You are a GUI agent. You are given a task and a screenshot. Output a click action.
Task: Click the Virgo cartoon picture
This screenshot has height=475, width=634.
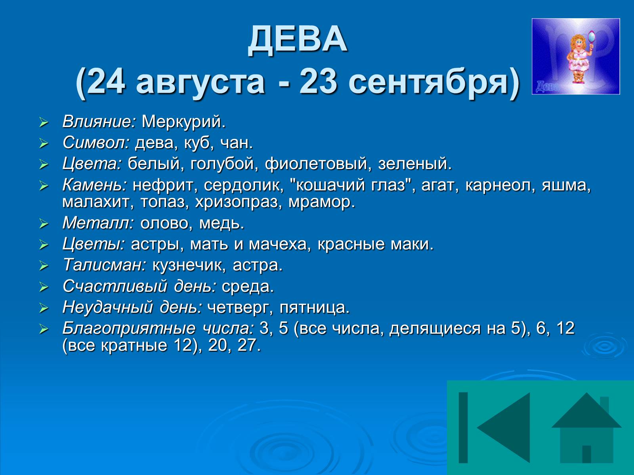pos(576,57)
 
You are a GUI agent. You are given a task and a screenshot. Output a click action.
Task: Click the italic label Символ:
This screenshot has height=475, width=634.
pos(96,142)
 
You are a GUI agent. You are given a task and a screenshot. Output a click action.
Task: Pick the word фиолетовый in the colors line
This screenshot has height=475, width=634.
pos(316,163)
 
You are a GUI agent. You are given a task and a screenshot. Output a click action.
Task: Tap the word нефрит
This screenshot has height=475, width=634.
pos(163,185)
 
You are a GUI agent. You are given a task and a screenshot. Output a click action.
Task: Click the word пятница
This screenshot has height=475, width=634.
pos(314,308)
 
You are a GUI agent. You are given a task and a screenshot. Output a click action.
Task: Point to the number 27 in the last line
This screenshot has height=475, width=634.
pos(248,345)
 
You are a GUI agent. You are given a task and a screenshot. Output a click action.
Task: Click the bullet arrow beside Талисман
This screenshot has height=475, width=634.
pos(44,266)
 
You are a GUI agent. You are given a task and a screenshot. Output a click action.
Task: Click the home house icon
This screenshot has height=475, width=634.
pos(586,428)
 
